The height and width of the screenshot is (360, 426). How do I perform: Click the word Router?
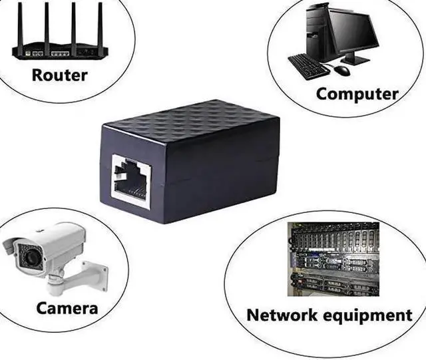tap(59, 75)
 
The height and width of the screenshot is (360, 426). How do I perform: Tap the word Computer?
tap(357, 94)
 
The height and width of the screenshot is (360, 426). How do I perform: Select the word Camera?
tap(67, 308)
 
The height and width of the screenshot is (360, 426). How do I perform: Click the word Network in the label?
tap(283, 314)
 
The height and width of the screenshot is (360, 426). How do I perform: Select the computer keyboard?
tap(308, 66)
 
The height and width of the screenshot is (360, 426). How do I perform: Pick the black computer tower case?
tap(318, 30)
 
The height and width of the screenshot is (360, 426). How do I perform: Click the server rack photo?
tap(333, 259)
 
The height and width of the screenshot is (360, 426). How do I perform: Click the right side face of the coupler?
tap(226, 166)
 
